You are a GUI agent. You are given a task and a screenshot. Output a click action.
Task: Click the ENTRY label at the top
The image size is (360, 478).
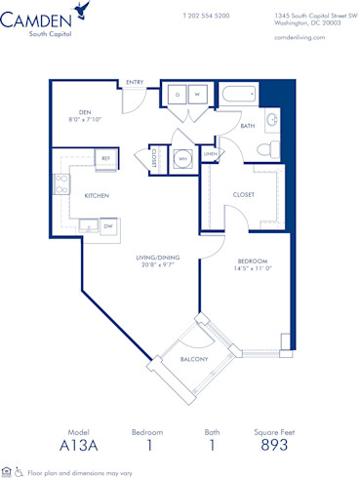(135, 82)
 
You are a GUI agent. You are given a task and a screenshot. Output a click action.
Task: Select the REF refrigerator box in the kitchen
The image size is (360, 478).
(106, 157)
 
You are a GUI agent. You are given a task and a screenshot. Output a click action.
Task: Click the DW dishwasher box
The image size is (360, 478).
(108, 225)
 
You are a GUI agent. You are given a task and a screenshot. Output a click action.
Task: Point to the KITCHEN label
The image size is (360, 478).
(97, 196)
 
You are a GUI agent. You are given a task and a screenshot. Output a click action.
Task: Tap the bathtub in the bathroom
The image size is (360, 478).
(239, 95)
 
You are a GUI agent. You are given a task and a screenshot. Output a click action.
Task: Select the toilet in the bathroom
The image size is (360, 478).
(264, 147)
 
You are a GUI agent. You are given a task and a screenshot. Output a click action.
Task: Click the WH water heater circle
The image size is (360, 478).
(181, 158)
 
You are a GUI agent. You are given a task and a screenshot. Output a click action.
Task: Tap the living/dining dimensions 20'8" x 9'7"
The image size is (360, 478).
(157, 264)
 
